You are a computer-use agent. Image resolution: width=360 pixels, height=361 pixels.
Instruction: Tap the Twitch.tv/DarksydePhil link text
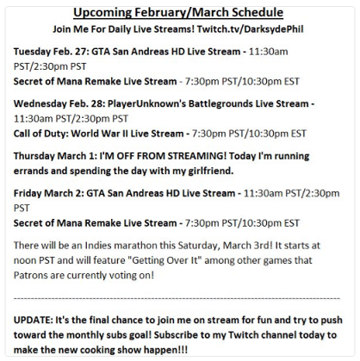250,29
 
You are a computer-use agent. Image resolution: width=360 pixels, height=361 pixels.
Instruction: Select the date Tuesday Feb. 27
51,52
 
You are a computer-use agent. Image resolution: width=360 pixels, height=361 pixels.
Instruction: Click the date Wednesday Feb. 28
59,103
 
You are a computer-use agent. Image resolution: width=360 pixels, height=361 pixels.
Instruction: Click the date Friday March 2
48,193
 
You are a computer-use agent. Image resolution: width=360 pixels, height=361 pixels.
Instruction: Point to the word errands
31,171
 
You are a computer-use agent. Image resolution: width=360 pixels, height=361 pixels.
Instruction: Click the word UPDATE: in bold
33,320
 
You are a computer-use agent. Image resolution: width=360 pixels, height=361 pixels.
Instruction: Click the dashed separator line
177,298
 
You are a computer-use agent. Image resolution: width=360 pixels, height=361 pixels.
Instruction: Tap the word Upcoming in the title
102,13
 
